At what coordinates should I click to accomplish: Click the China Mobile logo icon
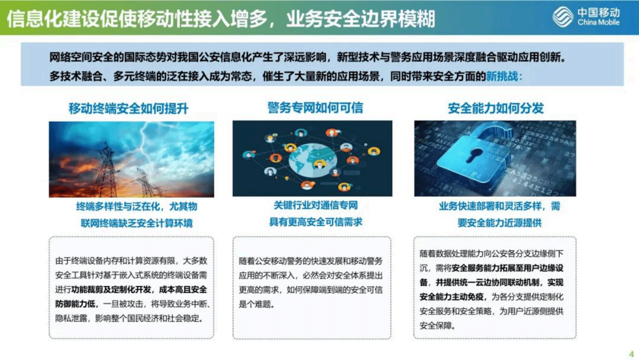(x=562, y=17)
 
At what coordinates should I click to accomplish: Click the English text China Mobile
(x=598, y=23)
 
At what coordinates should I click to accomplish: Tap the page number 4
(x=631, y=354)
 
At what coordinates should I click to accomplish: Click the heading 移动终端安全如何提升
(x=128, y=108)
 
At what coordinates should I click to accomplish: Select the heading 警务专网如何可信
(x=315, y=108)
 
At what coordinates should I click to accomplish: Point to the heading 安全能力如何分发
(x=496, y=108)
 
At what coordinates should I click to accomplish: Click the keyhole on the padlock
(x=475, y=155)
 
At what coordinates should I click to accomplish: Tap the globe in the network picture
(x=313, y=160)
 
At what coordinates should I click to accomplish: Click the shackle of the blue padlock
(x=495, y=132)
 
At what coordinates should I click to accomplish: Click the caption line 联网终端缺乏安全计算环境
(x=136, y=223)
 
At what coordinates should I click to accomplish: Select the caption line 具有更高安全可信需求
(x=315, y=221)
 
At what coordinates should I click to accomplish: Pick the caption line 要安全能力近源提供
(x=499, y=223)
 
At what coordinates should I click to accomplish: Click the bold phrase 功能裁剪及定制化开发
(x=111, y=290)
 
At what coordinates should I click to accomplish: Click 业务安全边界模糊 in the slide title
(x=360, y=19)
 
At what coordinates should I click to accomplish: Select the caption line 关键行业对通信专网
(x=315, y=205)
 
